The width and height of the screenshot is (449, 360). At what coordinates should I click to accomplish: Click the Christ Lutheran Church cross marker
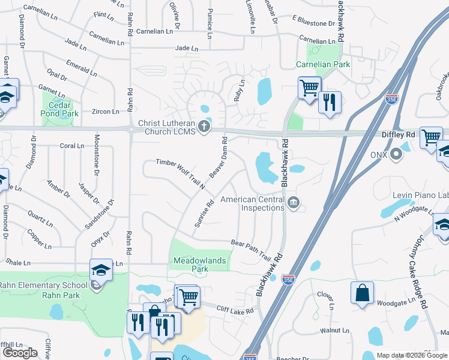(x=205, y=127)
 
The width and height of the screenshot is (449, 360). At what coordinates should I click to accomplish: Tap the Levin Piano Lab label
(x=420, y=195)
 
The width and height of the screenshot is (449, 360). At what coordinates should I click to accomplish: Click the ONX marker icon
(x=396, y=155)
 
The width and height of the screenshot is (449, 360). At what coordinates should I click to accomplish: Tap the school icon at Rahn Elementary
(x=101, y=269)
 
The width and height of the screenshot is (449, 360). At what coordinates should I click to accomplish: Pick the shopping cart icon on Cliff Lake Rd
(x=188, y=296)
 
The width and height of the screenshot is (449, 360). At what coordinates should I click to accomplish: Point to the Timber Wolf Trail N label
(x=181, y=174)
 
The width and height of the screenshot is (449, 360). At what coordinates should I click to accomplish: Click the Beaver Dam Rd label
(x=217, y=157)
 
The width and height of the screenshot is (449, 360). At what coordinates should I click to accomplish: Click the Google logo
(x=20, y=353)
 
